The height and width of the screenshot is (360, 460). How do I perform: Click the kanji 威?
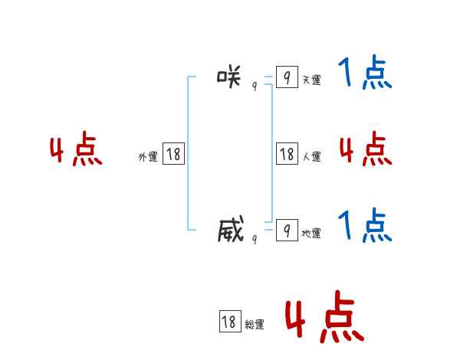230,229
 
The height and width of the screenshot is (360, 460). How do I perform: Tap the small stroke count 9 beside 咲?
255,87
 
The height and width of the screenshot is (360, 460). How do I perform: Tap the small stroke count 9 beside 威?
255,239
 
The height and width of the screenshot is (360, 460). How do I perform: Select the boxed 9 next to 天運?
287,77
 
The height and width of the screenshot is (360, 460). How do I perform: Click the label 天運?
311,80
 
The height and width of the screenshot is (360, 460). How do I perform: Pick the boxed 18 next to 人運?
287,153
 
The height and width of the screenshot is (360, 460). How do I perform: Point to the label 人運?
311,157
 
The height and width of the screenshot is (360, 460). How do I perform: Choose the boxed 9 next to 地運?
287,230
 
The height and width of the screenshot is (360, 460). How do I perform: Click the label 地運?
311,233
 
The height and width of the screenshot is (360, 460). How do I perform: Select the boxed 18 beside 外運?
173,153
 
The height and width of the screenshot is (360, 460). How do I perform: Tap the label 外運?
148,157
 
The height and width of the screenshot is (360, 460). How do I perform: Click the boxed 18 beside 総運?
228,322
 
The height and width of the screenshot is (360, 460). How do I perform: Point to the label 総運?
254,325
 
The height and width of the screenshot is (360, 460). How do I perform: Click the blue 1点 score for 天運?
365,74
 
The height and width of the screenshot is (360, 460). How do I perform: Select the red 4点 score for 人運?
365,149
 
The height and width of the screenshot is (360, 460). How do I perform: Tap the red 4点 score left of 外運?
76,151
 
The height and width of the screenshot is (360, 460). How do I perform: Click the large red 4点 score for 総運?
324,316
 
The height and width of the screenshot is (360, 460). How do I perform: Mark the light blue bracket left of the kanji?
189,153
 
